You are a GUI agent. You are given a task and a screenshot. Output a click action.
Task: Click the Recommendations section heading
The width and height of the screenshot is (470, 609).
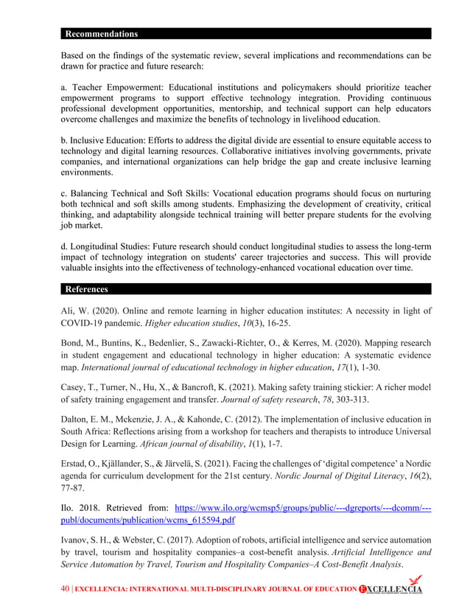[x=101, y=34]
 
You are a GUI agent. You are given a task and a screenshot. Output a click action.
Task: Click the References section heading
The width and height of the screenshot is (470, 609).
[x=87, y=289]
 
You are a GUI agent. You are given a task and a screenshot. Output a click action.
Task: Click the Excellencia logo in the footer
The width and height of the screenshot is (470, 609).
[x=390, y=589]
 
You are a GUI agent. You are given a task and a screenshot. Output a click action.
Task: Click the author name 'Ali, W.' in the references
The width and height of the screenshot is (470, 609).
[x=74, y=312]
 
